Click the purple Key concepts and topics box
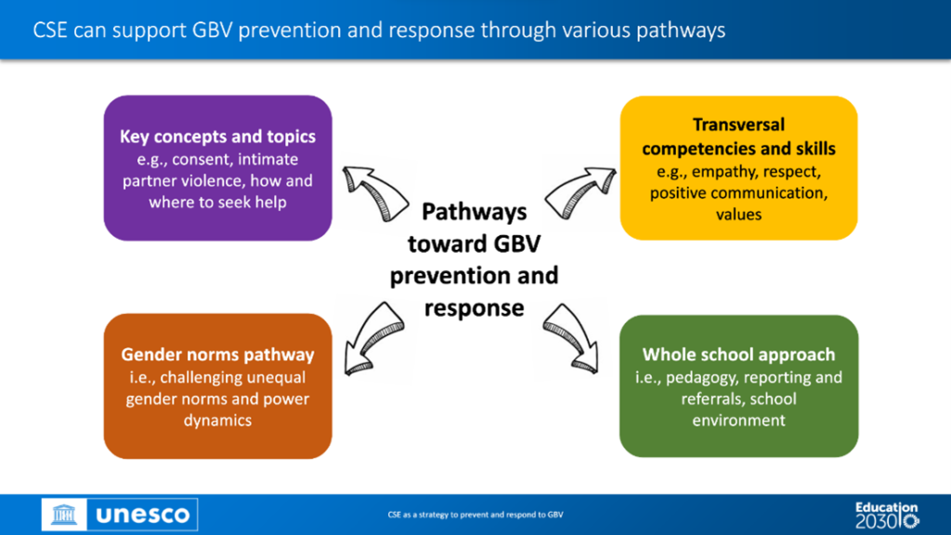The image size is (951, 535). pos(217,168)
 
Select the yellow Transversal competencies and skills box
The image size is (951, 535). pos(738,168)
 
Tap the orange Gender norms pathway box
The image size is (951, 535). pos(217,386)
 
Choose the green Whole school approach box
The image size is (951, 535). pos(738,386)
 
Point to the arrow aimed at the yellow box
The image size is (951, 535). pos(580,193)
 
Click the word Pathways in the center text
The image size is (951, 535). pos(475,212)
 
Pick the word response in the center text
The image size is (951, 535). pos(475,308)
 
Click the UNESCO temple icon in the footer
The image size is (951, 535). pos(64,515)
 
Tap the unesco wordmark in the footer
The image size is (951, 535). pos(142,515)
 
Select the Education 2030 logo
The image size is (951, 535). pos(887,515)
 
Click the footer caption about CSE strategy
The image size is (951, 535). pos(475,515)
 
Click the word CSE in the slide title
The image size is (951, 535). pos(50,30)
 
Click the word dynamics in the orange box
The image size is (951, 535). pos(217,421)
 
